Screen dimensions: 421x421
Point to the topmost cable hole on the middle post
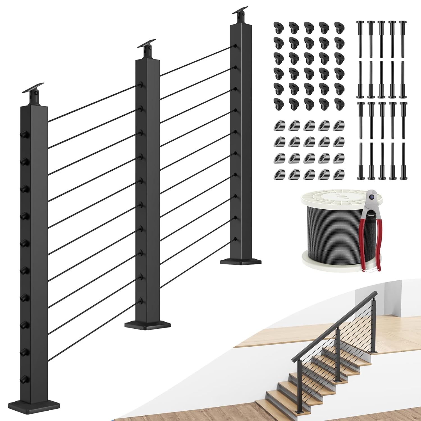pos(142,84)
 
